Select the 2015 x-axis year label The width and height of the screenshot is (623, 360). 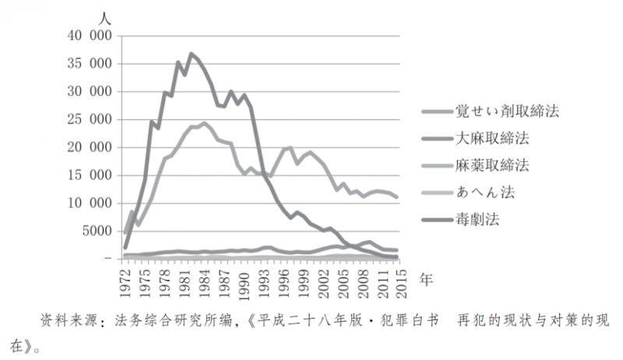tap(398, 277)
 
